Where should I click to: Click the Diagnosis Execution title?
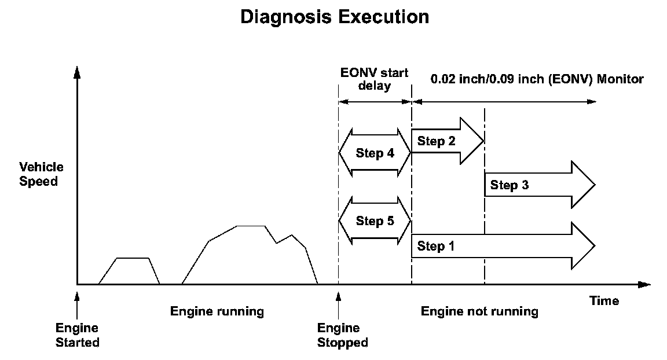pyautogui.click(x=335, y=17)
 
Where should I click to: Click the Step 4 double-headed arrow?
pyautogui.click(x=375, y=153)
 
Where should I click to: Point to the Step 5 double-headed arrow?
pyautogui.click(x=375, y=221)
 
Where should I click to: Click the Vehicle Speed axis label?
pyautogui.click(x=41, y=174)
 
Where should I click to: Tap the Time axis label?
pyautogui.click(x=604, y=301)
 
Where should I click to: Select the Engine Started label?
pyautogui.click(x=77, y=336)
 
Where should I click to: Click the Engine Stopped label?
pyautogui.click(x=342, y=336)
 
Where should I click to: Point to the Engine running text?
pyautogui.click(x=217, y=312)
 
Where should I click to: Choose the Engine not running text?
pyautogui.click(x=479, y=312)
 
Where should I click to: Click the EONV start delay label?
pyautogui.click(x=374, y=80)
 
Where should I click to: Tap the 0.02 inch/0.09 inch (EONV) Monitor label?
pyautogui.click(x=537, y=79)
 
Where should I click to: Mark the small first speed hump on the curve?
pyautogui.click(x=133, y=259)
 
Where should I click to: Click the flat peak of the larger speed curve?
pyautogui.click(x=251, y=226)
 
